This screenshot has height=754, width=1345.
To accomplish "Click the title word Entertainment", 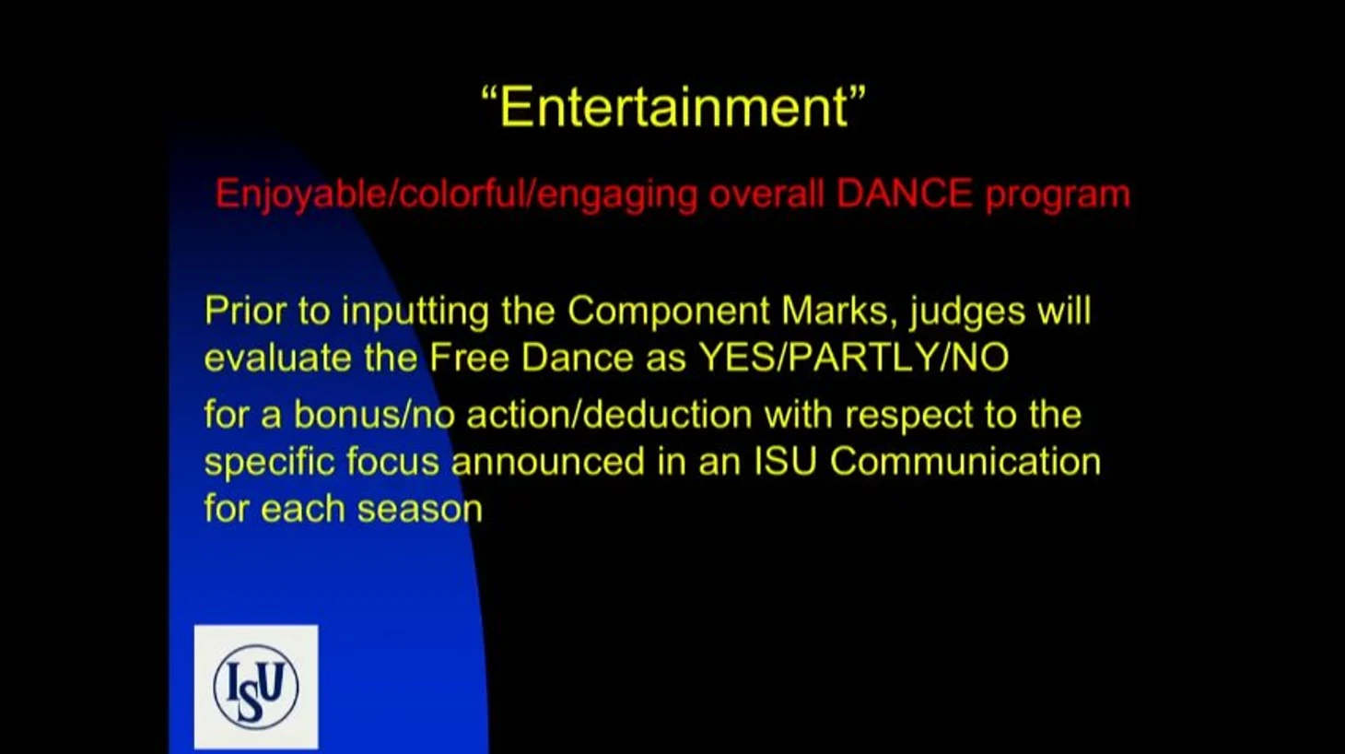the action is (673, 106).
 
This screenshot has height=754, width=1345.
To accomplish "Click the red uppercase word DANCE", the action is (904, 194).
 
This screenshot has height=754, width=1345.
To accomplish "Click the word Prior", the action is (244, 311).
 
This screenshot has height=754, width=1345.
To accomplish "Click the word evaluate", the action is (278, 358).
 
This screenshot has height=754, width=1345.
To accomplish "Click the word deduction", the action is (668, 415).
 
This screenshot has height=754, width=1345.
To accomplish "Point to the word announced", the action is (547, 462).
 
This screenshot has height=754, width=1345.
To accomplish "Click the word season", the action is (420, 510).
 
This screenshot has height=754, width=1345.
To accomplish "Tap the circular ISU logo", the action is (256, 686).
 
